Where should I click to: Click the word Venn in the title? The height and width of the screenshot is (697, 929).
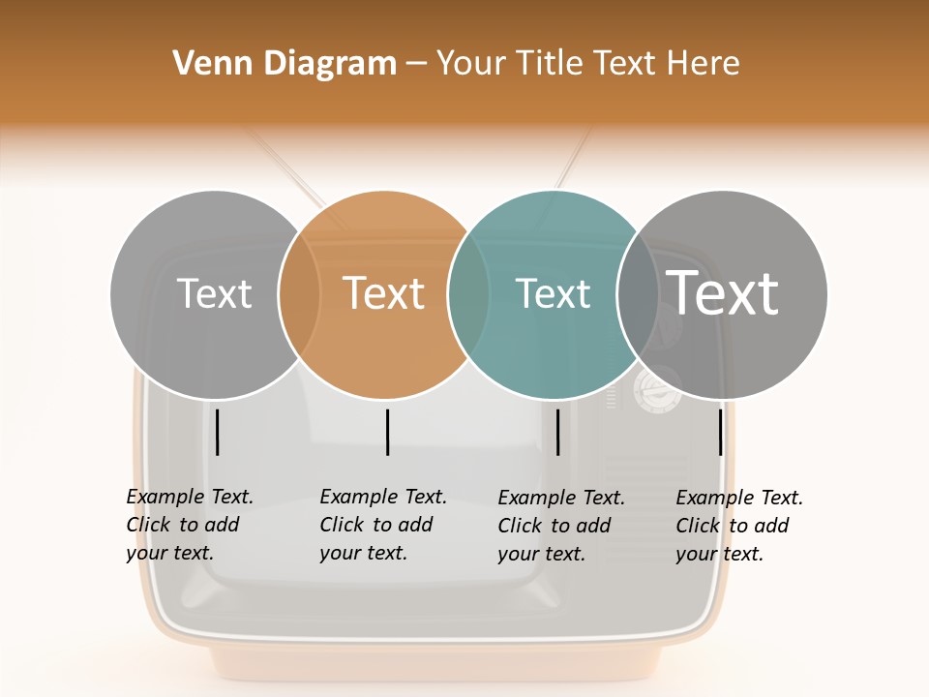coord(204,64)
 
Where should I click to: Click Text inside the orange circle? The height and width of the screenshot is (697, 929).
coord(384,293)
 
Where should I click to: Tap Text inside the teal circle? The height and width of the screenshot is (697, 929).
coord(553,293)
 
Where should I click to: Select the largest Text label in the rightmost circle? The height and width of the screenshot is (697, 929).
coord(723,293)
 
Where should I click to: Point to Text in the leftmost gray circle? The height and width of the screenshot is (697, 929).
coord(214,293)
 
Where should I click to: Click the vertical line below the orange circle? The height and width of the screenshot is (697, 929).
coord(387,432)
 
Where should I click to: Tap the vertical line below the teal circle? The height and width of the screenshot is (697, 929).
coord(557,432)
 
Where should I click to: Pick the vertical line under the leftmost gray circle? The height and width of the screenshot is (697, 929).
coord(218,432)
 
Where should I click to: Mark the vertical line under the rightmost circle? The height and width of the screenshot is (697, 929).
coord(720,432)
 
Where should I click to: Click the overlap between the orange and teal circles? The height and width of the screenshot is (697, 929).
coord(468,293)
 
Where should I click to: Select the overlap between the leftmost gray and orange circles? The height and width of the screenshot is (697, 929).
coord(299,293)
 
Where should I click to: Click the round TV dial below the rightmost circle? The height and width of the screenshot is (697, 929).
coord(656,388)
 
